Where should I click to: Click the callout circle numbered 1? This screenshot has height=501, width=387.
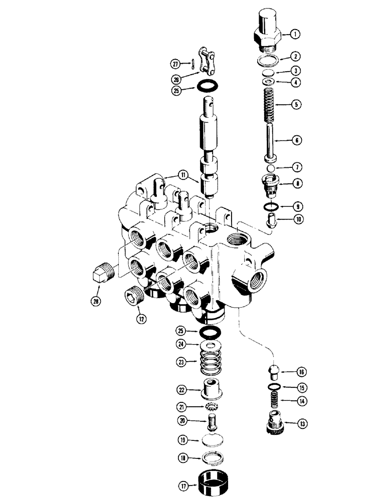click(295, 34)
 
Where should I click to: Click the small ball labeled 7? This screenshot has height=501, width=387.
click(270, 169)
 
